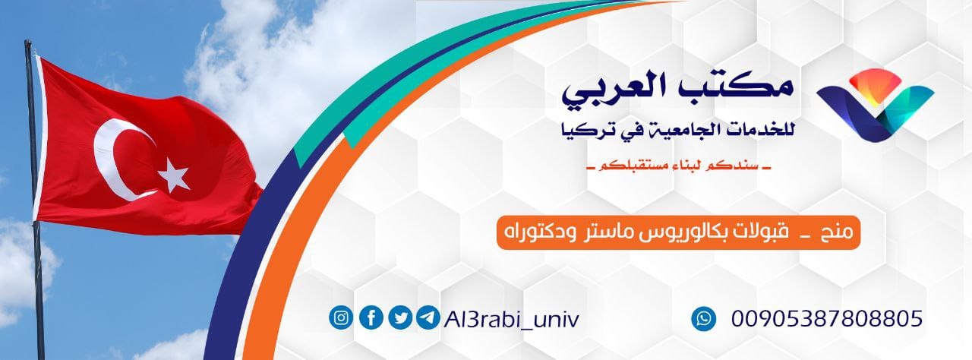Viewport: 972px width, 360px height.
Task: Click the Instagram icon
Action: point(342,317)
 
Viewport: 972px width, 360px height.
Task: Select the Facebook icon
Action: point(371,317)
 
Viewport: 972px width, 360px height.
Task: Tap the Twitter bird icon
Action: point(399,317)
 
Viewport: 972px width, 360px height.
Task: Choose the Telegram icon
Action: point(427,317)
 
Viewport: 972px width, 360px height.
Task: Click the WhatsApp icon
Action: point(704,318)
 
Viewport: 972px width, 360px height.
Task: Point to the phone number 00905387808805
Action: point(826,318)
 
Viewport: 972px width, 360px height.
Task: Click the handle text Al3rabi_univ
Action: point(510,318)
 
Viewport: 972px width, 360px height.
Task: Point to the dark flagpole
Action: point(33,228)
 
